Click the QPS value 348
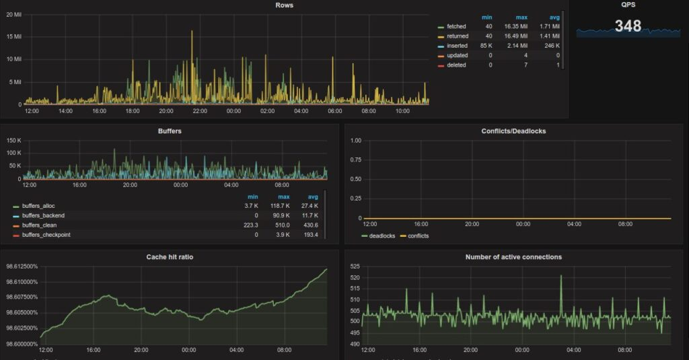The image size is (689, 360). (x=628, y=26)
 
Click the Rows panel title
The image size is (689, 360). (x=284, y=5)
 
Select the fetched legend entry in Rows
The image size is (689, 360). (x=456, y=26)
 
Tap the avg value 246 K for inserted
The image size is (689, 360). (x=552, y=46)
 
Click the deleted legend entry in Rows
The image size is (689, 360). (x=456, y=65)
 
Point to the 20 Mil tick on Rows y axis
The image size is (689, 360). (x=13, y=15)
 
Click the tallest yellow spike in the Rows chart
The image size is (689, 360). (x=192, y=32)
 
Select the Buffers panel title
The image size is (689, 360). (x=170, y=131)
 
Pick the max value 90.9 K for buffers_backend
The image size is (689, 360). (x=281, y=215)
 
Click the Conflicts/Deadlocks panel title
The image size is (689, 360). (x=513, y=131)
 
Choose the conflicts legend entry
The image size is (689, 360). (x=418, y=236)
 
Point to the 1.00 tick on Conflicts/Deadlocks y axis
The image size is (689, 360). (x=355, y=141)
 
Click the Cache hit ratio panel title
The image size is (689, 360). (x=170, y=257)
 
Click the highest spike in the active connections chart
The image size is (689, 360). (x=560, y=276)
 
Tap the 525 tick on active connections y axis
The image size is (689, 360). (x=355, y=266)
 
